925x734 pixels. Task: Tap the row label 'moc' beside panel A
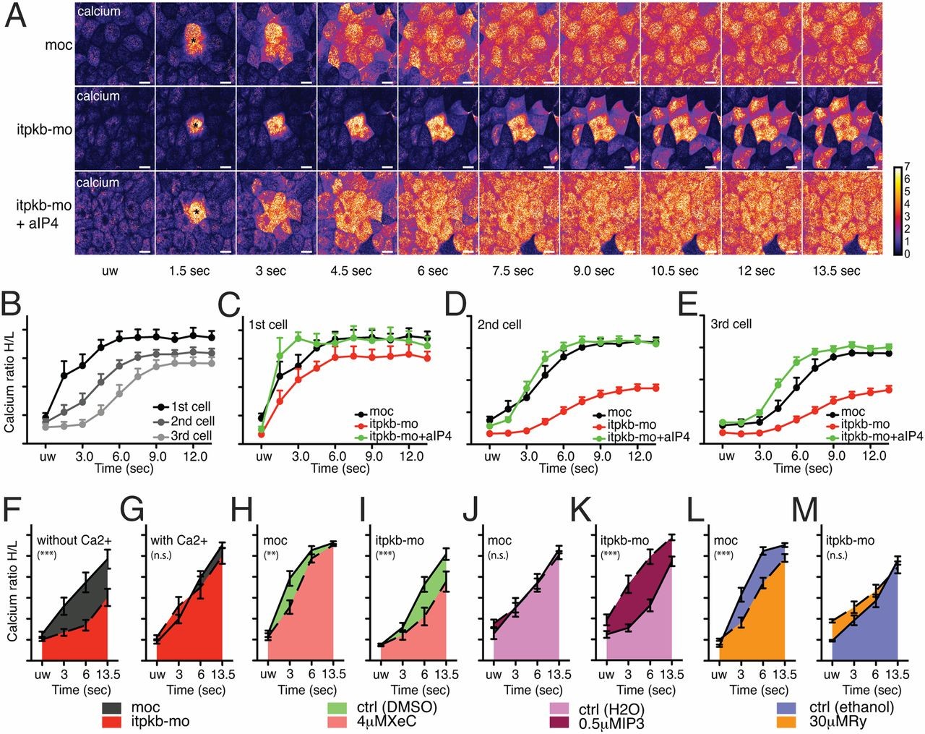point(58,45)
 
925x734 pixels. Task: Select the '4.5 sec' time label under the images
point(351,271)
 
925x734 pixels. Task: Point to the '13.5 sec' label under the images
point(838,271)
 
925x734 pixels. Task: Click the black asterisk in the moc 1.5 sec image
point(194,41)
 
